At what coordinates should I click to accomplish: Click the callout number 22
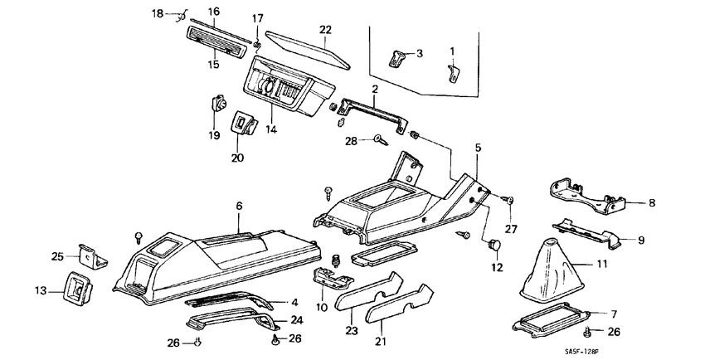click(325, 30)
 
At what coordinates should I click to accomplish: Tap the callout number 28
click(351, 142)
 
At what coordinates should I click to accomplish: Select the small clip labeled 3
click(399, 58)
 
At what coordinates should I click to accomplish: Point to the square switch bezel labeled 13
click(77, 289)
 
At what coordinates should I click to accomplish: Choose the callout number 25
click(57, 256)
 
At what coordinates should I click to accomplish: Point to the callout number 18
click(158, 14)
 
